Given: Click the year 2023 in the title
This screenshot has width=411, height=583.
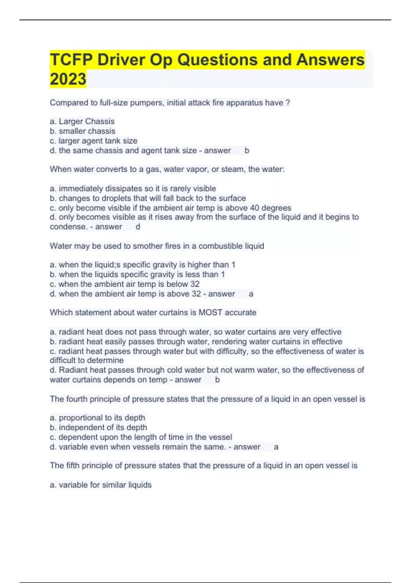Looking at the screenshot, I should [68, 79].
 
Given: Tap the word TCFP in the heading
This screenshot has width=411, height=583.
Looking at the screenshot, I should [71, 60].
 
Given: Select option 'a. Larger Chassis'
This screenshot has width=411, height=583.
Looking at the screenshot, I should [82, 121].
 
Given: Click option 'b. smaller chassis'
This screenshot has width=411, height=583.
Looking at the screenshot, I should [83, 131].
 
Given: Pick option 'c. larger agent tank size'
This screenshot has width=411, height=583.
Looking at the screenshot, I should [94, 141].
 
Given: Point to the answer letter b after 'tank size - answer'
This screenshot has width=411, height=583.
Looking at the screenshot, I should [247, 151].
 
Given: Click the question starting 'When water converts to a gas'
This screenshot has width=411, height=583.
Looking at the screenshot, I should [167, 169].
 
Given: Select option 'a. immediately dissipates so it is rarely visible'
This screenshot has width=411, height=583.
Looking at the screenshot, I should [133, 189].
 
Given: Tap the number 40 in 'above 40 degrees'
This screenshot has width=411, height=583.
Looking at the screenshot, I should [254, 208].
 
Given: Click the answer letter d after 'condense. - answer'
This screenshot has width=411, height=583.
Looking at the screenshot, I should [138, 227].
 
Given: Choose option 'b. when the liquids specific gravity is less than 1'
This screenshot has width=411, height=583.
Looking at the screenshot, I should [137, 274].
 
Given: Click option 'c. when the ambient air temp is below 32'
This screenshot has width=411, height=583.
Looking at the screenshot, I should [125, 284].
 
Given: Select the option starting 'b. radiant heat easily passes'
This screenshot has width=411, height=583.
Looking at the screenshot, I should [196, 342].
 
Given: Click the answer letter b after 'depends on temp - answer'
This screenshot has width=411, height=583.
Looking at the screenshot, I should [217, 380].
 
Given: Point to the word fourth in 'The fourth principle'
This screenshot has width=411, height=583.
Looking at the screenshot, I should [77, 399].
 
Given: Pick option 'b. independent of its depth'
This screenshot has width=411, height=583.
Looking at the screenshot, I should [98, 427].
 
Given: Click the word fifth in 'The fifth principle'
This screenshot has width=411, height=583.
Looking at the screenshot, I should [72, 465].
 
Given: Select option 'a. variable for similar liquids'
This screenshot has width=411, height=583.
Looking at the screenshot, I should [101, 485].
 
